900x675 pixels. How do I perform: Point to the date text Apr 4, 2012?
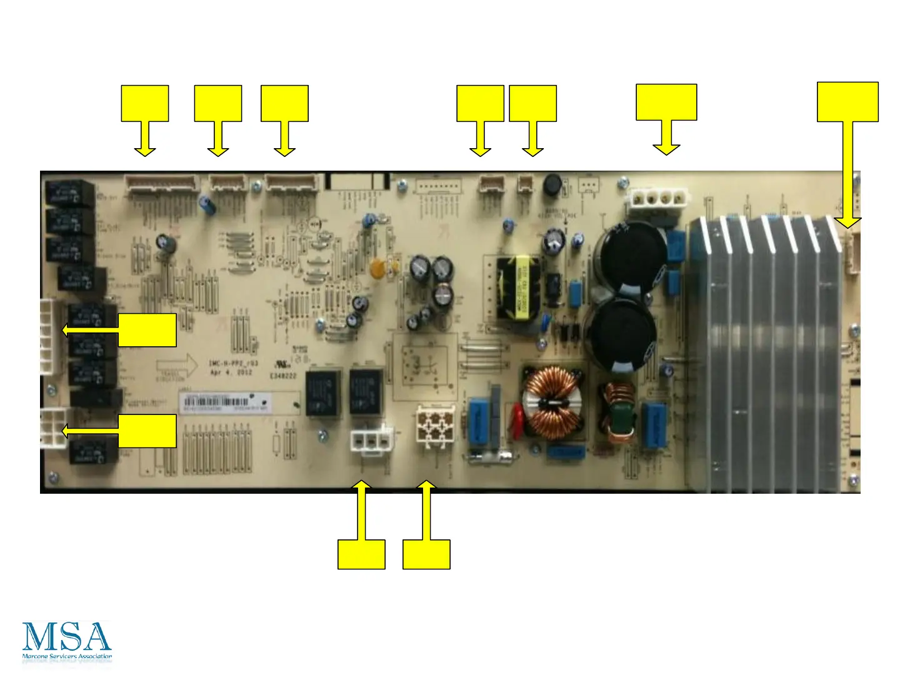pos(231,372)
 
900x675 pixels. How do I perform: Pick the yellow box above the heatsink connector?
pos(847,102)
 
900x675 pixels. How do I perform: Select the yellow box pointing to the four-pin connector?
pos(666,102)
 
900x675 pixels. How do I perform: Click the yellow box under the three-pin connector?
pos(361,554)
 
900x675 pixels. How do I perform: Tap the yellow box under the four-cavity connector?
pos(426,554)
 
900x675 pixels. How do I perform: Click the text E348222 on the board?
pos(282,376)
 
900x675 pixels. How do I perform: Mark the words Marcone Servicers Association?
pos(67,656)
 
